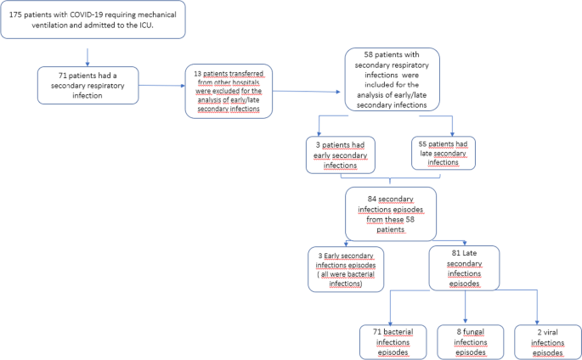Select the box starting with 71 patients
click(88, 85)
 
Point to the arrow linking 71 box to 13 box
click(163, 86)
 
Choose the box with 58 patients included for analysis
click(392, 79)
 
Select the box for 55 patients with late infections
click(442, 152)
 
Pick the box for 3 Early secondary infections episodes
click(345, 270)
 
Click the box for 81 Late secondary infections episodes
click(463, 267)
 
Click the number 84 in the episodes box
click(348, 197)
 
